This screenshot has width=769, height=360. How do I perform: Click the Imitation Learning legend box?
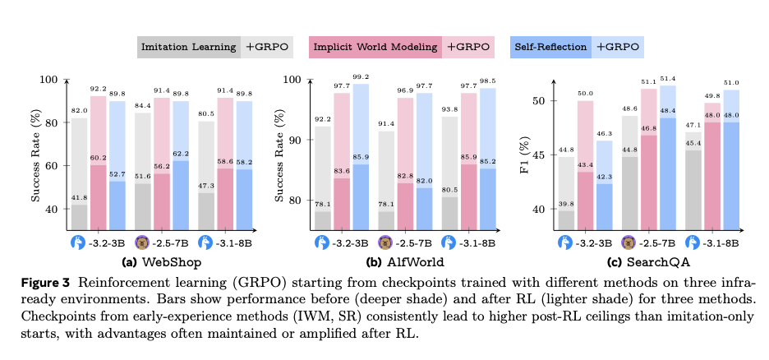click(188, 47)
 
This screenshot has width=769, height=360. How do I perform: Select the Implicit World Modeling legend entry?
click(375, 47)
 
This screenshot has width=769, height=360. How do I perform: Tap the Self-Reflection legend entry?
click(550, 47)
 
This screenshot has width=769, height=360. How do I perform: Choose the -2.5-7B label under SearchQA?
click(652, 243)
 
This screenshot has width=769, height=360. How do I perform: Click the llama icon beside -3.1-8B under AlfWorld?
click(449, 243)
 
